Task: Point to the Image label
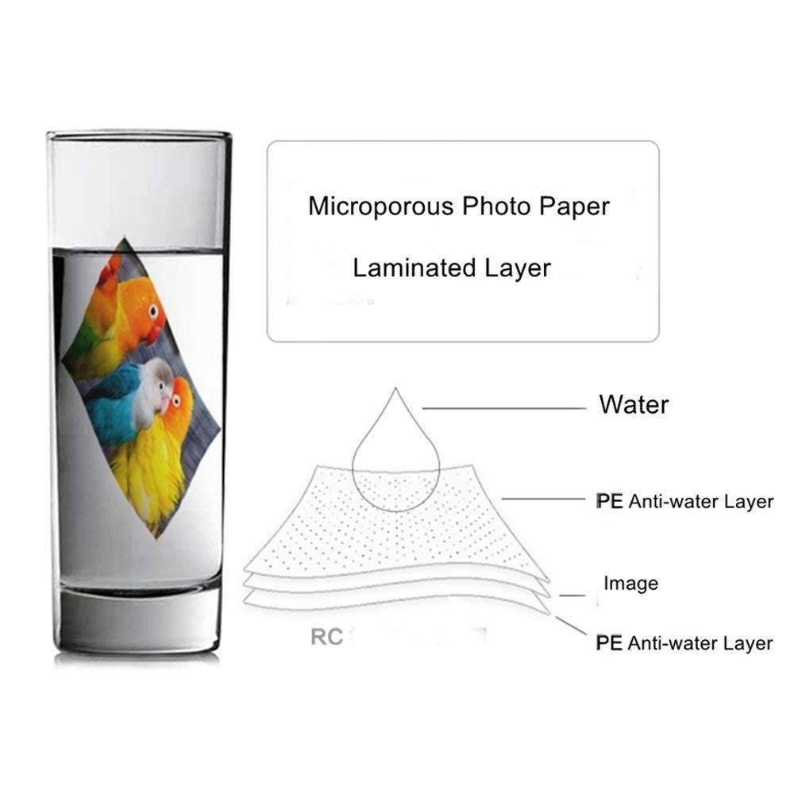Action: point(630,584)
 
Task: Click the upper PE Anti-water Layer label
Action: point(684,501)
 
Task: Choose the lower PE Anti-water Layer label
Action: point(684,642)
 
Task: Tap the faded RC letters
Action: point(326,638)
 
